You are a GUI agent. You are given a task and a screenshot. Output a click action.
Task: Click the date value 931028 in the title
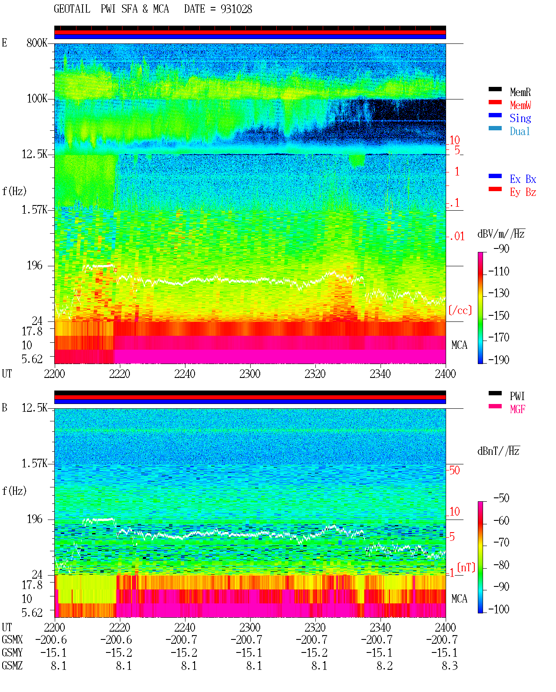tap(236, 9)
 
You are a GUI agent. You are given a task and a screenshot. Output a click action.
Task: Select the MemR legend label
tap(520, 92)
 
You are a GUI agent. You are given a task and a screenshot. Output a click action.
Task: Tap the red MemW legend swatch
tap(495, 102)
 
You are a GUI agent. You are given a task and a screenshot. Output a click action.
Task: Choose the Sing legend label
tap(520, 118)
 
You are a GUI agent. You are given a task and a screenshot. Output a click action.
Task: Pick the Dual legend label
tap(520, 131)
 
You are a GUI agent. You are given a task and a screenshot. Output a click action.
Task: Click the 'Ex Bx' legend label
tap(523, 179)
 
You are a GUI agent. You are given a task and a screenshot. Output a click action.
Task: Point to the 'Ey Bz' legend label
tap(523, 192)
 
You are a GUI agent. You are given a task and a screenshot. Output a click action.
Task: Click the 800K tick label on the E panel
tap(36, 43)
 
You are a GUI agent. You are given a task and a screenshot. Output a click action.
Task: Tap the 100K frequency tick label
tap(37, 99)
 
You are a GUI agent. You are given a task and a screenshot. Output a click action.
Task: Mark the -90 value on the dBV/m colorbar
tap(501, 248)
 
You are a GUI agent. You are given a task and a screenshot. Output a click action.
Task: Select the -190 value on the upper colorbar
tap(499, 360)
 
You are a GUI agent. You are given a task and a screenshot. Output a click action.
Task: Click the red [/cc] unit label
tap(460, 310)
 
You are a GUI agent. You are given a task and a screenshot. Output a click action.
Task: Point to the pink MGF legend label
tap(517, 409)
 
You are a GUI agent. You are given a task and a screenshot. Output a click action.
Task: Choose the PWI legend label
tap(517, 396)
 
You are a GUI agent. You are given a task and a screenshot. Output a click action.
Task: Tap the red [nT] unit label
tap(466, 567)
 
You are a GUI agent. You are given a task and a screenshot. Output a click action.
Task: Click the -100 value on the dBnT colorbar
tap(499, 609)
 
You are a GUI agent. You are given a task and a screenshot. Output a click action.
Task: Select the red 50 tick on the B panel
tap(454, 470)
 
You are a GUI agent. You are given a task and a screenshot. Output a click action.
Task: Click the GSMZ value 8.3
tap(449, 666)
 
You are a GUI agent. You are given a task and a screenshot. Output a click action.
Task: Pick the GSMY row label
tap(12, 652)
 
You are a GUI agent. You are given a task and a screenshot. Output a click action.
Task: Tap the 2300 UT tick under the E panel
tap(250, 374)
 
